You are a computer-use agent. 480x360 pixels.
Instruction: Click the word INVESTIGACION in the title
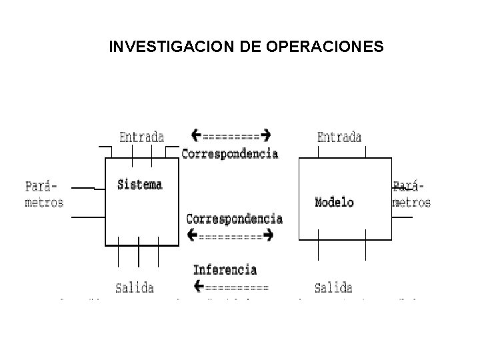pyautogui.click(x=158, y=47)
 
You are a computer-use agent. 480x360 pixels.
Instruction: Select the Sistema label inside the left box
pyautogui.click(x=139, y=184)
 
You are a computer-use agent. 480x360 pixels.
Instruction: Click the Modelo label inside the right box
pyautogui.click(x=334, y=202)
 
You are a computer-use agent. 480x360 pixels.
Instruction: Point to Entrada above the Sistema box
pyautogui.click(x=141, y=137)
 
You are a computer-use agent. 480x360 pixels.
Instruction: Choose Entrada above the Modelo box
pyautogui.click(x=339, y=137)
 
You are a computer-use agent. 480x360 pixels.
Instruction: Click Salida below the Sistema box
pyautogui.click(x=134, y=288)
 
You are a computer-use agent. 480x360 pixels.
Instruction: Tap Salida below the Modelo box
pyautogui.click(x=333, y=288)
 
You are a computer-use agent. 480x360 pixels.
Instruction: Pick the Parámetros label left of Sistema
pyautogui.click(x=44, y=193)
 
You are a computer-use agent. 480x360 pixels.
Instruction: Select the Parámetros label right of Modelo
pyautogui.click(x=411, y=193)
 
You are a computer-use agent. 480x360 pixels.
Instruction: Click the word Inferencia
pyautogui.click(x=225, y=270)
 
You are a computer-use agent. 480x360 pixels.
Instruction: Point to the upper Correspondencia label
pyautogui.click(x=230, y=153)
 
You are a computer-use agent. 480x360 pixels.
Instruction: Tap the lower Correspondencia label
pyautogui.click(x=234, y=219)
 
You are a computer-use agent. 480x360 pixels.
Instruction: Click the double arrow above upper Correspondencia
pyautogui.click(x=231, y=136)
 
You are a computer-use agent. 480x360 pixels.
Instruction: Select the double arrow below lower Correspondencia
pyautogui.click(x=231, y=235)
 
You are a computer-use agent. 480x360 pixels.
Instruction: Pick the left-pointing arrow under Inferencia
pyautogui.click(x=231, y=288)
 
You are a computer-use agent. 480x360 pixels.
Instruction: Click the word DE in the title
pyautogui.click(x=230, y=47)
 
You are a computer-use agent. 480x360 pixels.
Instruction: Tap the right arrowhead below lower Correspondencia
pyautogui.click(x=268, y=235)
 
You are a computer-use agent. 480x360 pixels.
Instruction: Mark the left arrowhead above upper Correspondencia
pyautogui.click(x=196, y=135)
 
